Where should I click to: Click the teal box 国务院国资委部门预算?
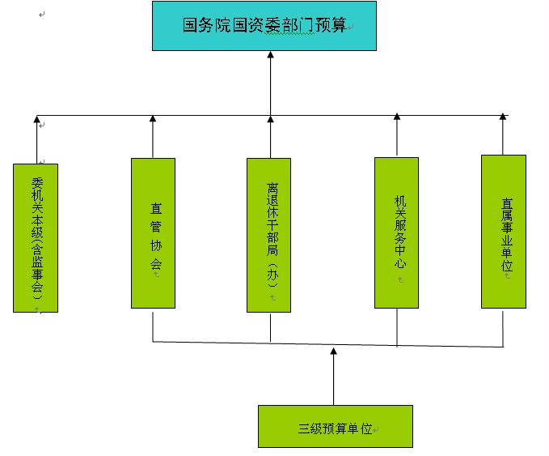(x=264, y=26)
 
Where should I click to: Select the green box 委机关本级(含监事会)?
(x=36, y=237)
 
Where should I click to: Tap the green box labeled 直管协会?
(x=153, y=232)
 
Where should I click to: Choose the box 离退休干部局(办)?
(x=269, y=235)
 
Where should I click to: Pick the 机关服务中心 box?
(x=396, y=232)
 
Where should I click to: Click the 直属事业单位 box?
(x=503, y=232)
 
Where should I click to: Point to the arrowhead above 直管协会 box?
(x=153, y=119)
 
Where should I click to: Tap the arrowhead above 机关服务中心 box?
(x=397, y=118)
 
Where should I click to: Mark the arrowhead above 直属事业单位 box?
(x=503, y=117)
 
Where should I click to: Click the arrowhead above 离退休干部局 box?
(x=270, y=119)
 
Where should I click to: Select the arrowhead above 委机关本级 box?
(x=36, y=120)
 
